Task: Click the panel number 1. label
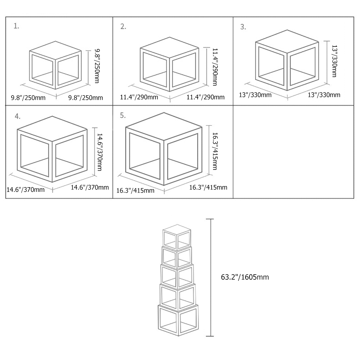(16, 26)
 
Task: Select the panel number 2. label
(123, 27)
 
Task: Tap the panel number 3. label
(243, 27)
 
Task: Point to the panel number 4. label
(17, 116)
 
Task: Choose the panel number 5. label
(123, 116)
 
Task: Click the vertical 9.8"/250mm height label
(97, 66)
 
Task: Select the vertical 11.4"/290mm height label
(215, 67)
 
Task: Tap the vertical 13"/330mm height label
(334, 61)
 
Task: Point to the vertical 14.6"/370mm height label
(100, 152)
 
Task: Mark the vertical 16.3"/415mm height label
(215, 151)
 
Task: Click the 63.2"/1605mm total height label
(245, 277)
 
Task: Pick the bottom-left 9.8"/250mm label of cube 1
(28, 98)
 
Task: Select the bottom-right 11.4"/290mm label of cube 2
(206, 97)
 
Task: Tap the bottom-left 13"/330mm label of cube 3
(255, 95)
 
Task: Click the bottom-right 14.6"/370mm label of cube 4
(90, 187)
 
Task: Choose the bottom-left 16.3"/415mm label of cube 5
(135, 190)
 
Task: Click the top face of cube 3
(287, 41)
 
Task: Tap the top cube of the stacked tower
(176, 237)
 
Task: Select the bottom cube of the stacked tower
(178, 320)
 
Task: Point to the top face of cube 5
(164, 126)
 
